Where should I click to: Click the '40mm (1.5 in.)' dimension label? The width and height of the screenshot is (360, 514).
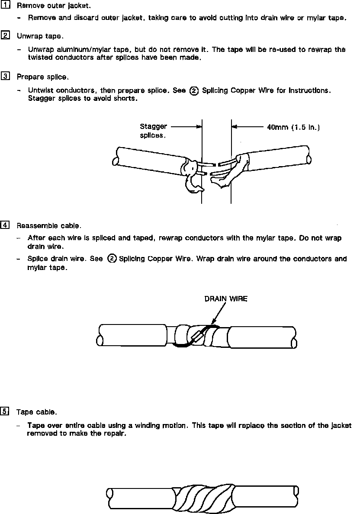293,128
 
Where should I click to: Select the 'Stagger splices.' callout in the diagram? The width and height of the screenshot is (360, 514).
153,131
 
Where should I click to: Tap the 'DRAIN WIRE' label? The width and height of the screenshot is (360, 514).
226,299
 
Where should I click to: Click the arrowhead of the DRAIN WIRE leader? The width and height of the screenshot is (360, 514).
213,324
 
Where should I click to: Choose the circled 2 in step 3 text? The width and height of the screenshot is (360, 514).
194,91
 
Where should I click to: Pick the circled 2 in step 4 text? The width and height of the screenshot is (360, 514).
112,259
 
